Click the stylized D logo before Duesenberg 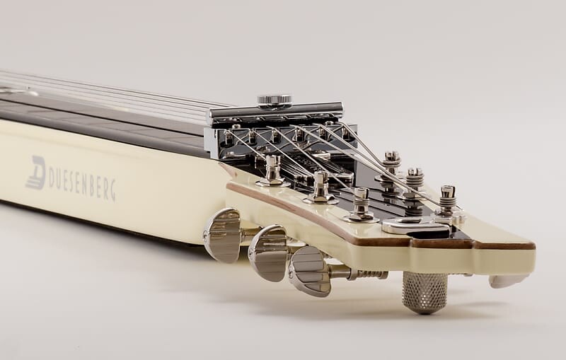pos(36,173)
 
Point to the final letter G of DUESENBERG pos(112,191)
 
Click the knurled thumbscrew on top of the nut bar pos(275,100)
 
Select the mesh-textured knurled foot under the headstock pos(424,292)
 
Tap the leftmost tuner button pos(222,235)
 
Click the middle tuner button pos(269,252)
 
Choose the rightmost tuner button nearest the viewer pos(311,271)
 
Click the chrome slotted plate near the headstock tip pos(416,226)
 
